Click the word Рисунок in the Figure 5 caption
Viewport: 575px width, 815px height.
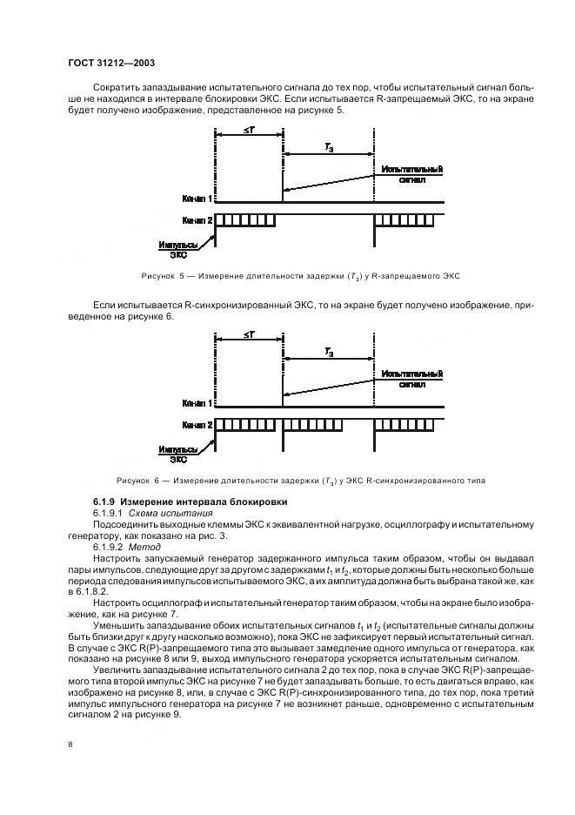tap(158, 276)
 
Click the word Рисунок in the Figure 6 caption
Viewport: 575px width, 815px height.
tap(134, 481)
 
